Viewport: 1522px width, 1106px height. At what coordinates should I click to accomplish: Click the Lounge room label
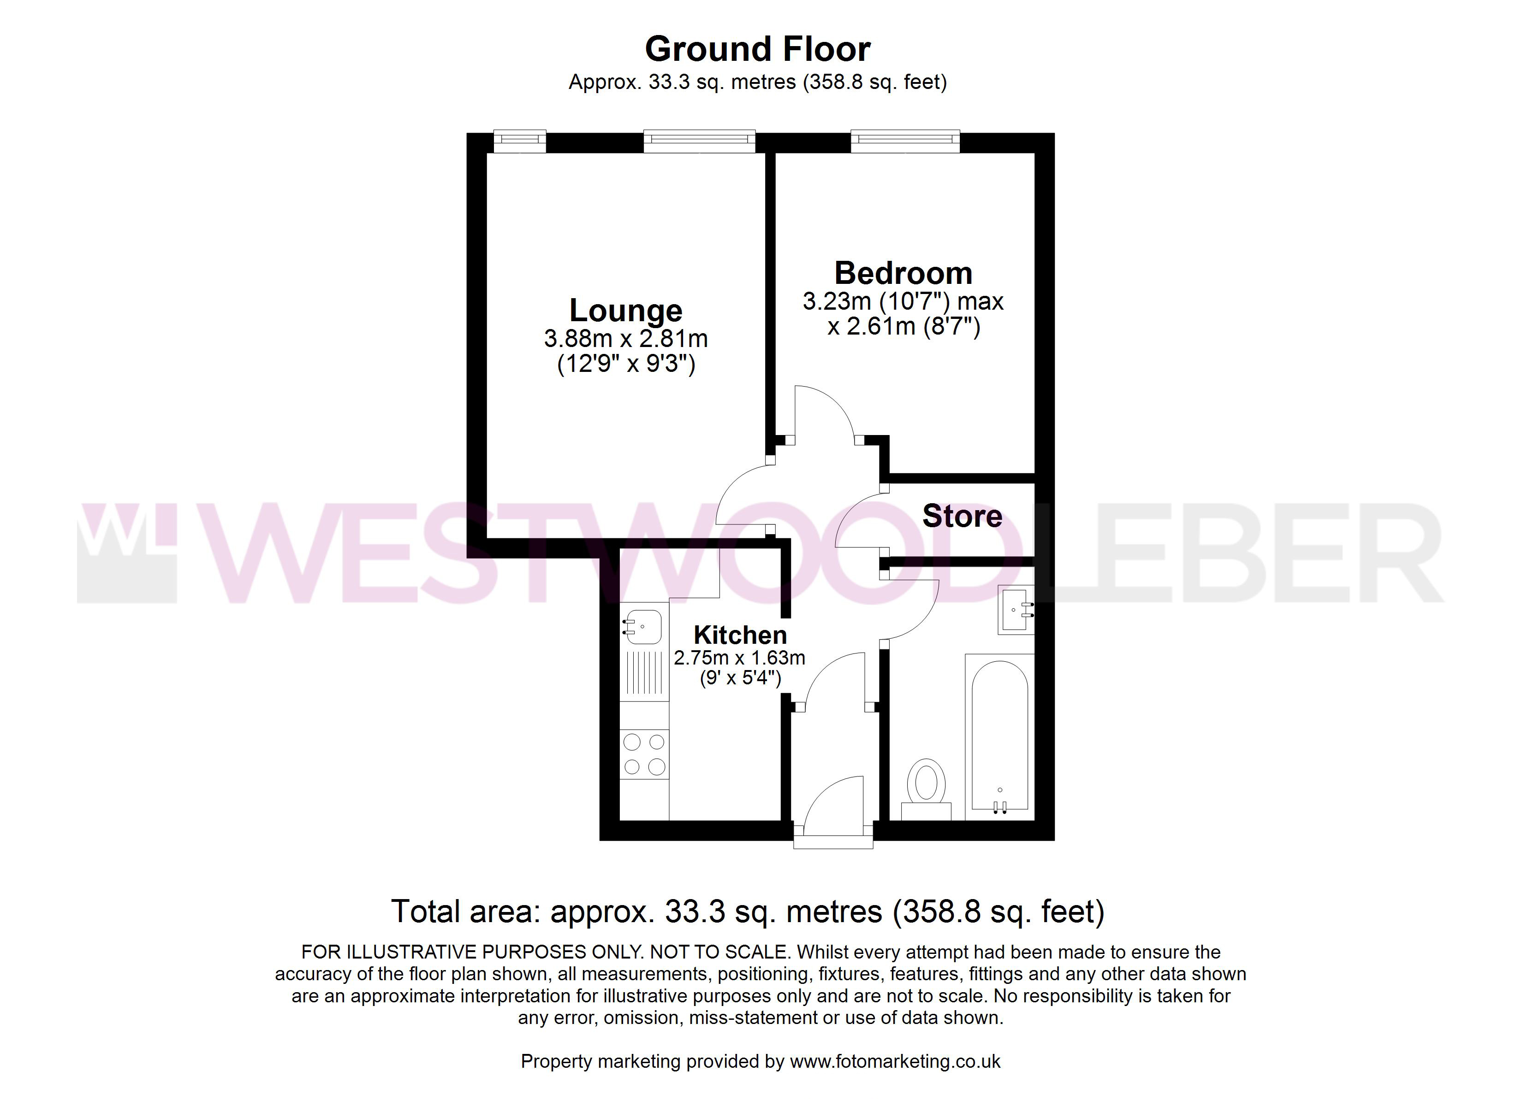(625, 311)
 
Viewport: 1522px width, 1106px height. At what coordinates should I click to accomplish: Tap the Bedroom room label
(903, 273)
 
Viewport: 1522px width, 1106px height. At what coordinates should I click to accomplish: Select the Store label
(963, 516)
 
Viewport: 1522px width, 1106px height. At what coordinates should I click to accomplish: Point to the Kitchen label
(740, 635)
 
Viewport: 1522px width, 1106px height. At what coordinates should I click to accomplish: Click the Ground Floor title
(758, 49)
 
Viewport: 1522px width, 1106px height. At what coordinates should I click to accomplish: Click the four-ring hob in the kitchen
(644, 754)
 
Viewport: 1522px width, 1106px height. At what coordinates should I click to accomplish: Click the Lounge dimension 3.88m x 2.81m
(625, 339)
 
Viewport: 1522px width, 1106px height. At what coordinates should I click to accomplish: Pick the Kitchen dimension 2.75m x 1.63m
(739, 658)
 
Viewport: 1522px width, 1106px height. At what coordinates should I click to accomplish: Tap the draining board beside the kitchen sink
(644, 674)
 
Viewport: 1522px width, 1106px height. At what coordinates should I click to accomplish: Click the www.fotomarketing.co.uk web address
(895, 1061)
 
